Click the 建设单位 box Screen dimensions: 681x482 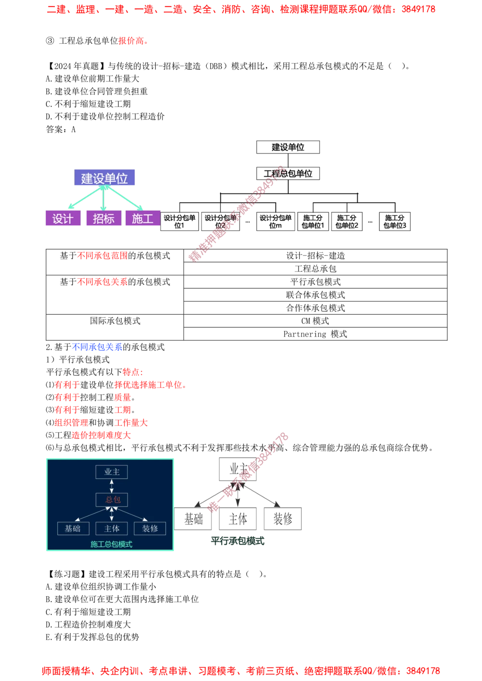pyautogui.click(x=104, y=178)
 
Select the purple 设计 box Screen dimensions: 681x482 pyautogui.click(x=62, y=218)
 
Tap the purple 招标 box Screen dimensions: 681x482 pyautogui.click(x=103, y=218)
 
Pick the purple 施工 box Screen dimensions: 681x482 pyautogui.click(x=142, y=218)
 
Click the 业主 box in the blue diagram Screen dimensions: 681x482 pyautogui.click(x=111, y=472)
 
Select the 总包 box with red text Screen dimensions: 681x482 pyautogui.click(x=111, y=500)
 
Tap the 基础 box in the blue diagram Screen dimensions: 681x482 pyautogui.click(x=73, y=528)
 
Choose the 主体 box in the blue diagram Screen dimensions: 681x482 pyautogui.click(x=111, y=528)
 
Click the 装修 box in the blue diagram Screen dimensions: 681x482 pyautogui.click(x=150, y=528)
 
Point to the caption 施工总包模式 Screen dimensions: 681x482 pyautogui.click(x=111, y=544)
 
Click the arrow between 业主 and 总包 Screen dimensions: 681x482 pyautogui.click(x=111, y=486)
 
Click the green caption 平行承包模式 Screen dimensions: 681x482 pyautogui.click(x=238, y=541)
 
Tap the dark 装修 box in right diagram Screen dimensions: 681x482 pyautogui.click(x=283, y=518)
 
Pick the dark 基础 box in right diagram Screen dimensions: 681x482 pyautogui.click(x=193, y=518)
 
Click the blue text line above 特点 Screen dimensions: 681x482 pyautogui.click(x=97, y=347)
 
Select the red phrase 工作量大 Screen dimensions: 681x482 pyautogui.click(x=131, y=423)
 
